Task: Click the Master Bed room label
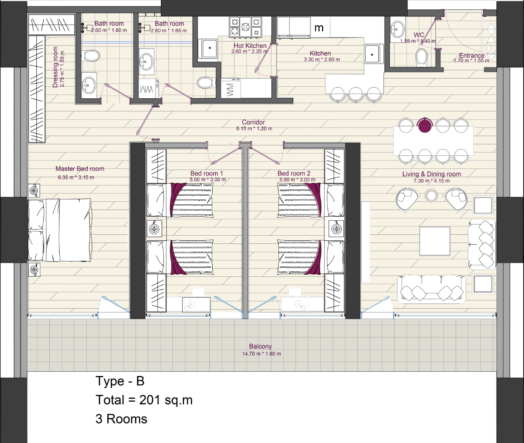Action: coord(80,169)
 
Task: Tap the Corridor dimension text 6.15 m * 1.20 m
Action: coord(254,128)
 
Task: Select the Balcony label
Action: coord(260,346)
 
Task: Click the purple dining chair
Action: coord(425,125)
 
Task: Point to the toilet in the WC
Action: coord(422,58)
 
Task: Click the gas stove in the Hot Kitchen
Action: coord(245,27)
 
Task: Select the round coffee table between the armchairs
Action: coord(431,195)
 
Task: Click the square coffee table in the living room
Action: coord(435,241)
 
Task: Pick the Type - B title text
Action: coord(120,381)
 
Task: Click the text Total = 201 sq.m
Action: coord(144,400)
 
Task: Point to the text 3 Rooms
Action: coord(121,419)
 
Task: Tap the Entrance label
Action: coord(472,55)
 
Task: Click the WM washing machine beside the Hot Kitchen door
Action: coord(231,88)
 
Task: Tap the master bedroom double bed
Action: coord(60,230)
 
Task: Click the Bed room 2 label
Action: coord(294,173)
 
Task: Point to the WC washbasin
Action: coord(398,30)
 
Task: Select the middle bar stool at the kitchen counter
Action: coord(355,94)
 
